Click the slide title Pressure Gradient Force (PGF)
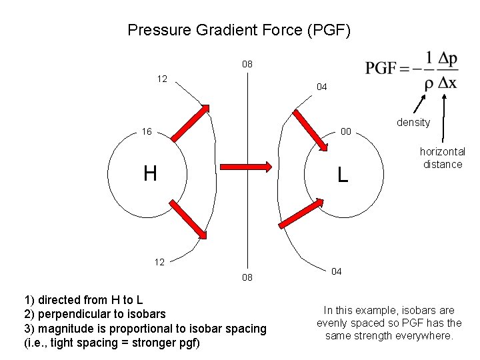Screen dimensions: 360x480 [x=239, y=30]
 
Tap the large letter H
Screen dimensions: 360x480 [x=150, y=174]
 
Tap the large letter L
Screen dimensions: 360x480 [x=342, y=175]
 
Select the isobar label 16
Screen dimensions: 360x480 [x=147, y=131]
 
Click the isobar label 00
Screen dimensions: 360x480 [x=345, y=131]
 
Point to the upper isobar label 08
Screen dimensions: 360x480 [x=247, y=65]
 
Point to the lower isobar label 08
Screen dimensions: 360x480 [x=247, y=277]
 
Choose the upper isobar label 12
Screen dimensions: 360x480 [x=162, y=79]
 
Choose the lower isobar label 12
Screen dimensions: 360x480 [x=159, y=262]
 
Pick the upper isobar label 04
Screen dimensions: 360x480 [x=321, y=87]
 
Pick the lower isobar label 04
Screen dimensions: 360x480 [x=337, y=271]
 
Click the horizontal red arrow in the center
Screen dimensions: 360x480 [x=245, y=166]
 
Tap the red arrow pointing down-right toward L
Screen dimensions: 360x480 [x=308, y=127]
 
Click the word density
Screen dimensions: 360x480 [x=413, y=123]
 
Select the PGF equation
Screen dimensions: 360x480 [x=411, y=70]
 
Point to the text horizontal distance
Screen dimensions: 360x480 [x=442, y=158]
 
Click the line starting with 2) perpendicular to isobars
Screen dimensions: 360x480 [x=95, y=313]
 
